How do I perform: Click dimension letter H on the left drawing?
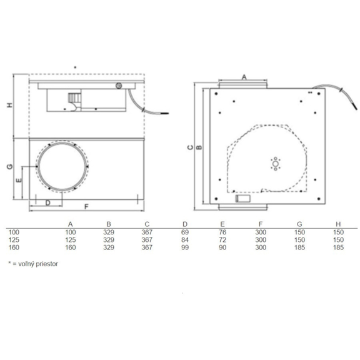click(9, 105)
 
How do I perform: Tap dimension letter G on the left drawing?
click(9, 167)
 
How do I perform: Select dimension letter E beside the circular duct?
click(19, 180)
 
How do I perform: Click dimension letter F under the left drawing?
click(86, 206)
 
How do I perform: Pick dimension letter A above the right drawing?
click(244, 76)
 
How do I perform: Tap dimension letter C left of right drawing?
click(190, 147)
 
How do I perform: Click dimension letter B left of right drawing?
click(199, 147)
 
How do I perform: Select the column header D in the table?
click(185, 224)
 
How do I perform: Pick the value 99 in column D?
click(185, 246)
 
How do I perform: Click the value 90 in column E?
click(223, 246)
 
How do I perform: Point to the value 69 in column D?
click(185, 231)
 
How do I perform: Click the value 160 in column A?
click(71, 246)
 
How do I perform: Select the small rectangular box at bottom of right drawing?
click(242, 199)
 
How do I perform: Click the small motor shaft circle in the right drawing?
click(274, 164)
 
